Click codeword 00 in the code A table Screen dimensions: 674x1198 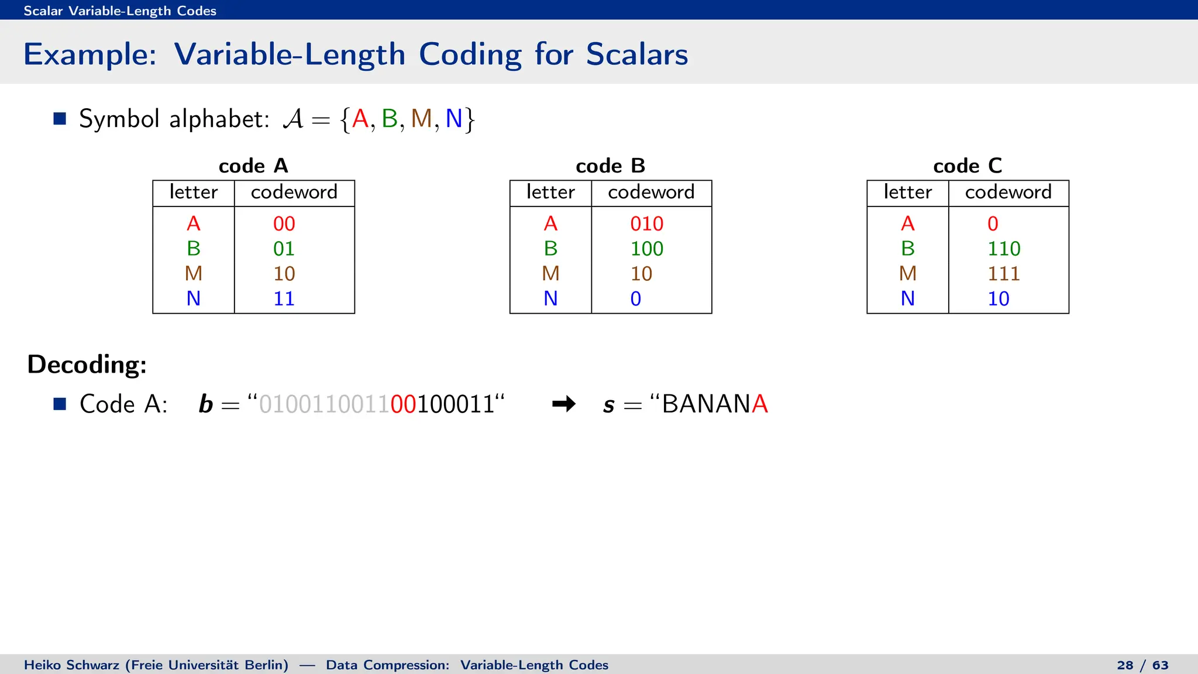[x=284, y=223]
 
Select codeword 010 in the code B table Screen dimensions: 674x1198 [x=646, y=223]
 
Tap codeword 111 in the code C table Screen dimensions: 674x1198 [x=1003, y=274]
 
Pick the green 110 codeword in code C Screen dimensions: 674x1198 [x=1003, y=249]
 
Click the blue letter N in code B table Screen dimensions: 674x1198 [x=550, y=299]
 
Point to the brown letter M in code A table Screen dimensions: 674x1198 [x=193, y=274]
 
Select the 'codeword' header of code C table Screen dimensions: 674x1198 [x=1008, y=192]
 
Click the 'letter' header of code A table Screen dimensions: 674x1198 [x=193, y=192]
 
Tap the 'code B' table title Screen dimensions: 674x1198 [x=610, y=166]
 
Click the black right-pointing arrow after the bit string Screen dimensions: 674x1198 [x=564, y=404]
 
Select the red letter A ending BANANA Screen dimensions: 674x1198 [x=760, y=404]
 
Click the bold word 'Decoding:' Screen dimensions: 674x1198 [x=87, y=364]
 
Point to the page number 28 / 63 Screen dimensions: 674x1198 [x=1142, y=665]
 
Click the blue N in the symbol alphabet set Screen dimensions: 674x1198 [x=453, y=119]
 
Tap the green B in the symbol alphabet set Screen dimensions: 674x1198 [x=389, y=119]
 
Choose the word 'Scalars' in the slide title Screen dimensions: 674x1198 [x=636, y=54]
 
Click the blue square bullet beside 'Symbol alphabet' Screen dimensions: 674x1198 [x=60, y=119]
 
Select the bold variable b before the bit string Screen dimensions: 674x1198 [x=205, y=404]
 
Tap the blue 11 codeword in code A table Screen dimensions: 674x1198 [x=284, y=299]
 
